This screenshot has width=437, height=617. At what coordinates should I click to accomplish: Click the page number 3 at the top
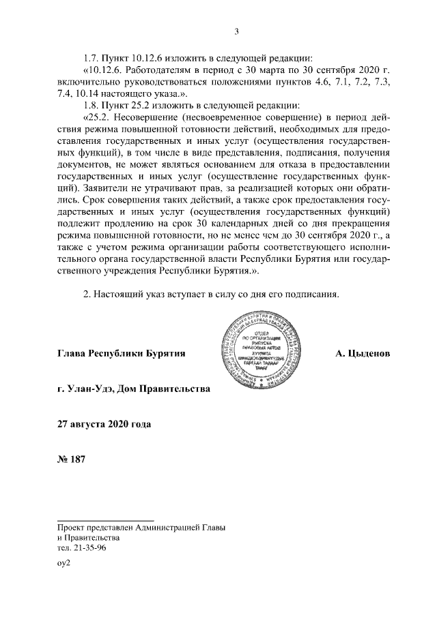(x=236, y=31)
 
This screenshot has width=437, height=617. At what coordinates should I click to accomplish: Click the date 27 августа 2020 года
(x=104, y=424)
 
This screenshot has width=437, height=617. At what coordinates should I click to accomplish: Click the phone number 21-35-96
(x=89, y=547)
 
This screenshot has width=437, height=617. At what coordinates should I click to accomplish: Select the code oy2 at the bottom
(x=64, y=564)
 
